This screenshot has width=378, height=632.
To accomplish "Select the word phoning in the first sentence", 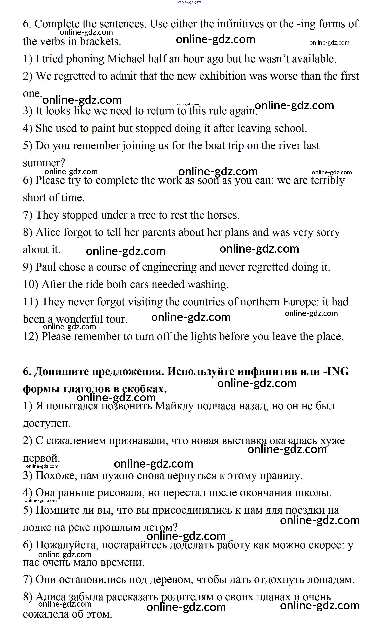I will coord(85,59).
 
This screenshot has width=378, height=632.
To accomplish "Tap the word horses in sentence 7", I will coord(223,215).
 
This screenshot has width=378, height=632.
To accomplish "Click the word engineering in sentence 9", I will coord(169,267).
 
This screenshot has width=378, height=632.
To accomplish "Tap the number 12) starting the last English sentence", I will coord(31,337).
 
